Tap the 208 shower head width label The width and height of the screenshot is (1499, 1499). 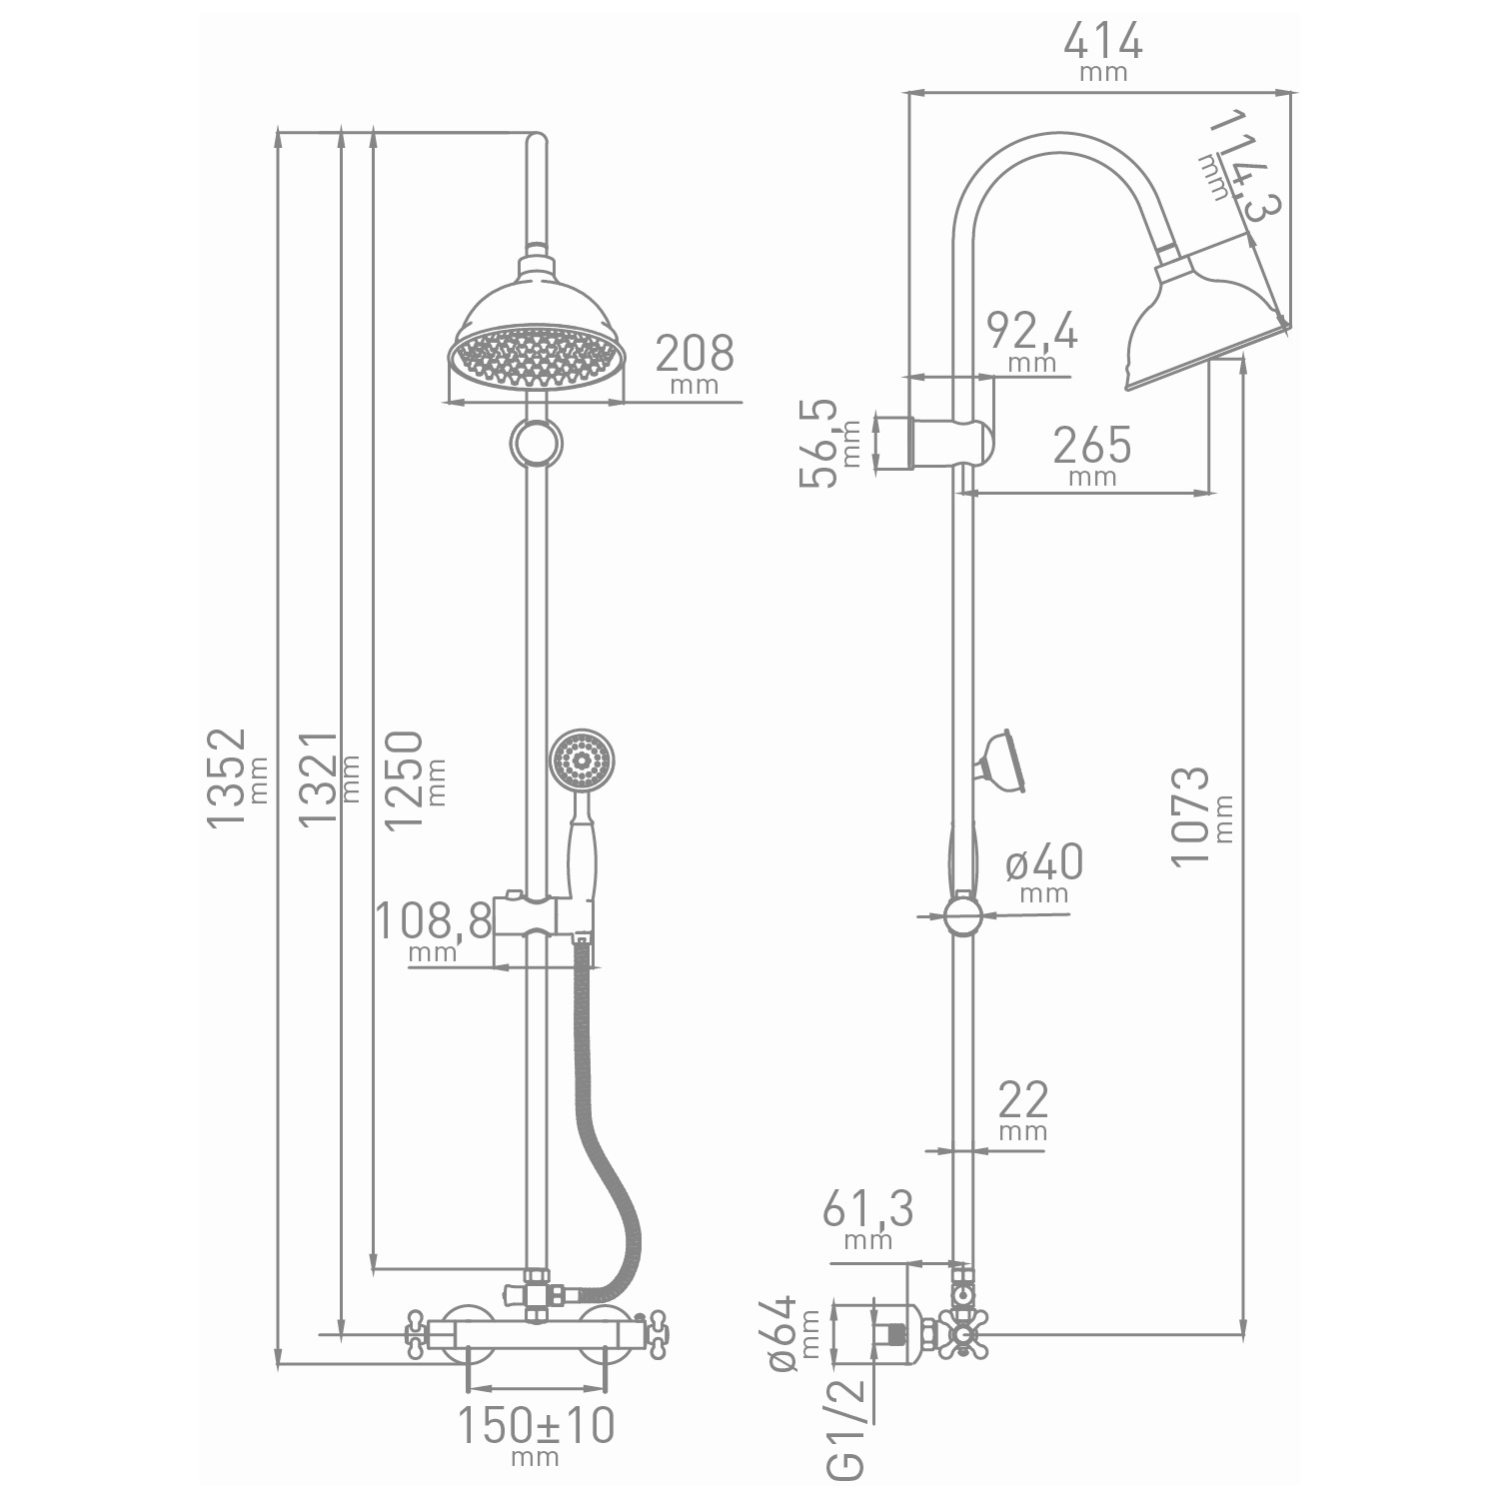tap(695, 352)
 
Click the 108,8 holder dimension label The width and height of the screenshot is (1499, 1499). tap(434, 920)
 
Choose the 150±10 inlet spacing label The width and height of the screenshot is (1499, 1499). tap(536, 1426)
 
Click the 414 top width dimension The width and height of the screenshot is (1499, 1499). tap(1102, 41)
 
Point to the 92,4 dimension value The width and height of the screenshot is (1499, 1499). tap(1032, 331)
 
